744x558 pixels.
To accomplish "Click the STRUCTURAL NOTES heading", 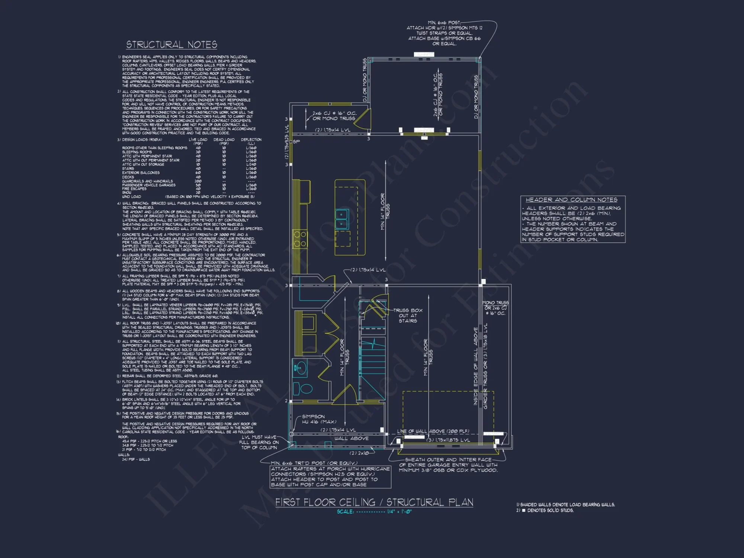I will pos(171,45).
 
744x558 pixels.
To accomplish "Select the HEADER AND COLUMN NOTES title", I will pos(571,200).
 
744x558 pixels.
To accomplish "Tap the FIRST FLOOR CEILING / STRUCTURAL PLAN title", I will pos(374,502).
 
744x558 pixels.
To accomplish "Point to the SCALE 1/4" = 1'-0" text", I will pos(374,512).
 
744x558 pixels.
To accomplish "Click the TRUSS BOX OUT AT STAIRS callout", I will pos(408,315).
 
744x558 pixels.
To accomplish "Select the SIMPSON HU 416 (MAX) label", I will pos(319,419).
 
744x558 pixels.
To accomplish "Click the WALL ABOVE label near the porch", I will pos(351,439).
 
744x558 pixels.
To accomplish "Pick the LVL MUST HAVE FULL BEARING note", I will pos(259,442).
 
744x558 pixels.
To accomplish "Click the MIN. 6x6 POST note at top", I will pos(444,33).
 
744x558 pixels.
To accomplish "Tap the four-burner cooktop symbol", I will pos(300,239).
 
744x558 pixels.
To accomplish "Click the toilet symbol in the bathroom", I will pos(305,389).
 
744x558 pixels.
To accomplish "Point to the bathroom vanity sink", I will pos(299,368).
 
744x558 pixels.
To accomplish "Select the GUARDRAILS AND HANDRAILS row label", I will pos(147,181).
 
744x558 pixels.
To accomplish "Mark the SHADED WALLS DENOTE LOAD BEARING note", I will pos(565,505).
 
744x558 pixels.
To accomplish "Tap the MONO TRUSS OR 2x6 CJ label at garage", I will pos(495,308).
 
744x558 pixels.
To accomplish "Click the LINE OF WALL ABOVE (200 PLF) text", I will pos(433,432).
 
